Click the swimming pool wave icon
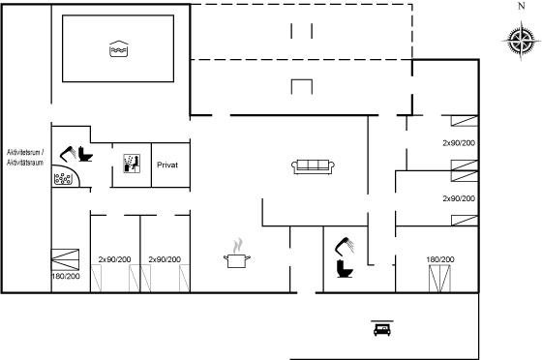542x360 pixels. tap(118, 48)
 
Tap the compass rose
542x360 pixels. tap(521, 41)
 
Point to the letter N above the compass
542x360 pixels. tap(522, 6)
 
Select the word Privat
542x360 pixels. tap(167, 165)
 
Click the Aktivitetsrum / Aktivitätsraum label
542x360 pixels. tap(25, 157)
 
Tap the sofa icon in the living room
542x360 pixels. tap(313, 166)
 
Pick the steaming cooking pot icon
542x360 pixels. tap(237, 254)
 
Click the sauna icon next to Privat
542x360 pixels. tap(132, 164)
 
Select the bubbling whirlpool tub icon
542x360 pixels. tap(66, 176)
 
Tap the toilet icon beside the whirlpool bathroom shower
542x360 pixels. tap(85, 154)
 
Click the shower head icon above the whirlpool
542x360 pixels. tap(68, 154)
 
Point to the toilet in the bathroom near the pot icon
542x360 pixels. tap(345, 269)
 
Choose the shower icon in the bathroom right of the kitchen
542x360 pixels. tap(345, 247)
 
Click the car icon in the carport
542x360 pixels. tap(382, 328)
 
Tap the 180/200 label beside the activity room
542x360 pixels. tap(66, 276)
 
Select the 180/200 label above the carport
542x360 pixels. tap(440, 259)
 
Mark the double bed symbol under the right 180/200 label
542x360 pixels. tap(439, 279)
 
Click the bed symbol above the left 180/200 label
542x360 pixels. tap(66, 259)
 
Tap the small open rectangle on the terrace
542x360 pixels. tap(302, 80)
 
